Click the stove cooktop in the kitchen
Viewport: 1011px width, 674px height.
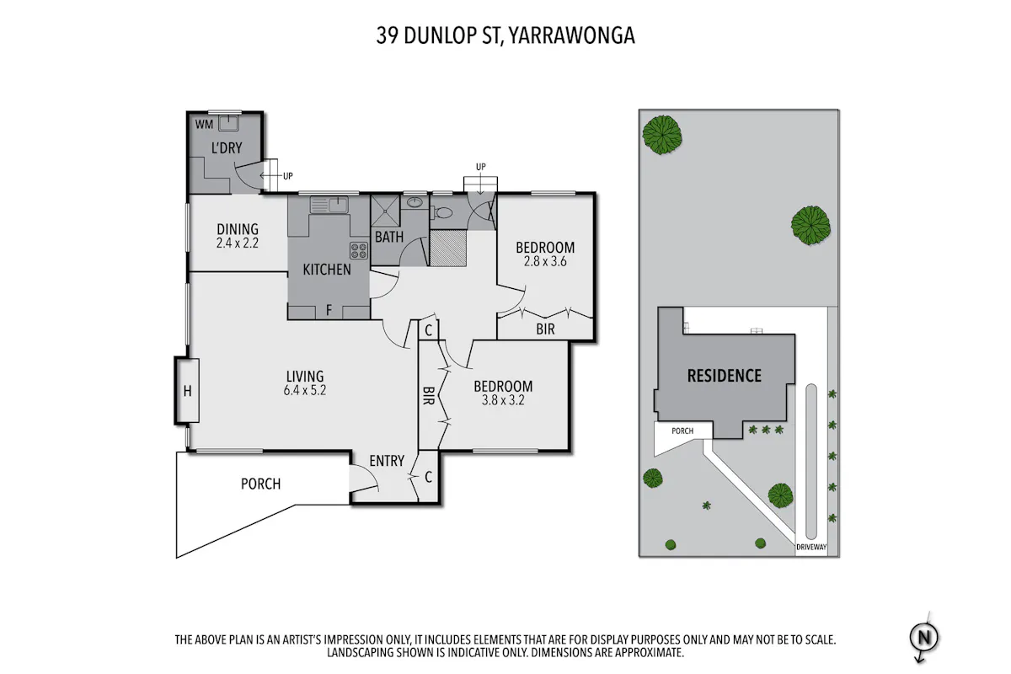point(359,251)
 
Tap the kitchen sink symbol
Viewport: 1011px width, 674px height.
point(329,205)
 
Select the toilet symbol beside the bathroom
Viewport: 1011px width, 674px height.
point(441,212)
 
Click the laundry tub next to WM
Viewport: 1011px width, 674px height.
point(229,123)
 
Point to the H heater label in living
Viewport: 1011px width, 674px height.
point(187,391)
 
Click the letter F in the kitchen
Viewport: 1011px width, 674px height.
point(329,310)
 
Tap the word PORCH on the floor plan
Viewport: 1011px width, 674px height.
point(261,484)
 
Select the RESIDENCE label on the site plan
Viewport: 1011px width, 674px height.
point(725,376)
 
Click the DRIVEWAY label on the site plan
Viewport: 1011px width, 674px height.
point(811,547)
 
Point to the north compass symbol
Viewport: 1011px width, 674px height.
point(924,638)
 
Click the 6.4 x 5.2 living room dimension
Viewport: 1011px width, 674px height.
point(305,390)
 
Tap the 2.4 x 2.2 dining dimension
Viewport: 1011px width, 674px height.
point(238,243)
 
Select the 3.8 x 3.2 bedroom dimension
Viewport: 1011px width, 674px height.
point(503,400)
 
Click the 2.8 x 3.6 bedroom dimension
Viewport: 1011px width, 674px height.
point(545,261)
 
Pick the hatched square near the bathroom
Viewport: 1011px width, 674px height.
point(447,248)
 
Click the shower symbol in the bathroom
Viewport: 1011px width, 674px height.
point(385,211)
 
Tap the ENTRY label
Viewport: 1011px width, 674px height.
point(387,461)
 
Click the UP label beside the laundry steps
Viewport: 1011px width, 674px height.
point(288,176)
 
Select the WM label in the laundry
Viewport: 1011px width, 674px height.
point(204,125)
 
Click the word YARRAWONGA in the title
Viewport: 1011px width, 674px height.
point(572,35)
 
